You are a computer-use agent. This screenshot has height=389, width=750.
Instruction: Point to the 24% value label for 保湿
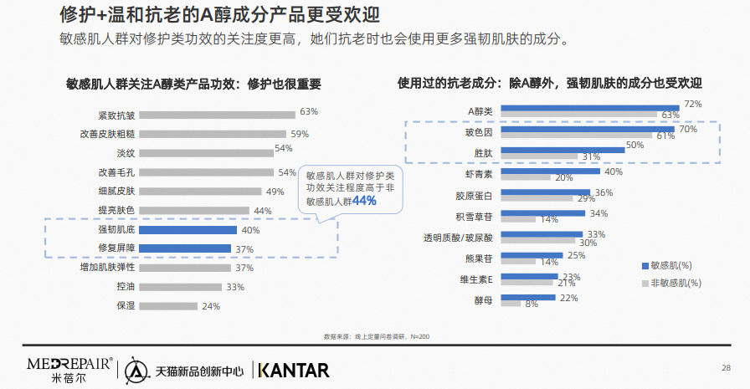[211, 306]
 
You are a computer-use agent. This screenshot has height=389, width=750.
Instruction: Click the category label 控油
[126, 287]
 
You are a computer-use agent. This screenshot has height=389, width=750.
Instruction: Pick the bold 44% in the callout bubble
[364, 201]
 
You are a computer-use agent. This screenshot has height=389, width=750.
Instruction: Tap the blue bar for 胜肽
[562, 150]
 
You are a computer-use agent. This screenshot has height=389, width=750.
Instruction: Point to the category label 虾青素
[479, 174]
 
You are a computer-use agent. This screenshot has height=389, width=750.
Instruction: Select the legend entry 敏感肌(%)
[670, 265]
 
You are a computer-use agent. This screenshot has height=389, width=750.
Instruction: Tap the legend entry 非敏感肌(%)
[670, 283]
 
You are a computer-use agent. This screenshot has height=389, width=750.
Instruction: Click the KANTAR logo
[294, 369]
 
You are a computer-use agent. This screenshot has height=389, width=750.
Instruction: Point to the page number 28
[725, 366]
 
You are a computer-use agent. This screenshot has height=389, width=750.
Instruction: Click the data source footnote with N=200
[376, 336]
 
